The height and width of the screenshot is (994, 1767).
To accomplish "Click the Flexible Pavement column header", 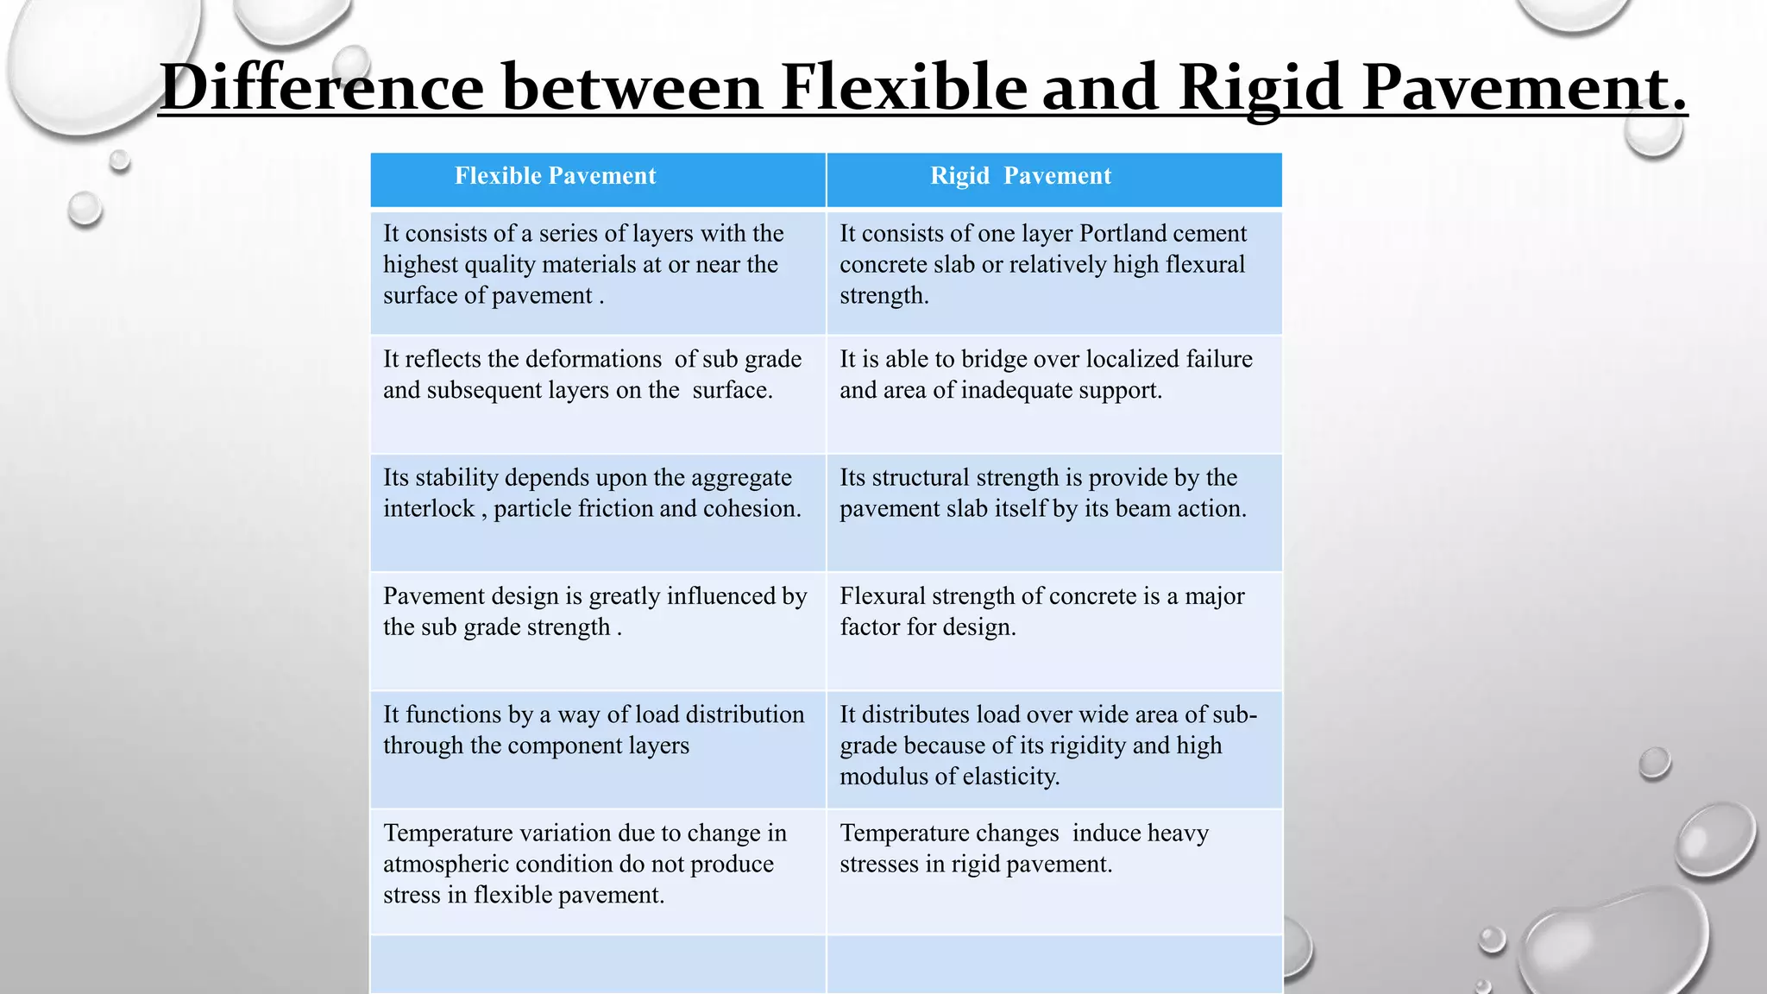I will pyautogui.click(x=555, y=177).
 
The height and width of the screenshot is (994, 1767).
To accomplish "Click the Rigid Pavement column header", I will pyautogui.click(x=1021, y=177).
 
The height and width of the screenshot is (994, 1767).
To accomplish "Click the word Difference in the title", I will pyautogui.click(x=322, y=87).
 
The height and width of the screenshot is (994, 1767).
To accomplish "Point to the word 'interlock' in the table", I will pyautogui.click(x=429, y=509).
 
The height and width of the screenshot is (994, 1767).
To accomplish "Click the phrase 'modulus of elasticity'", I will pyautogui.click(x=949, y=777).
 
